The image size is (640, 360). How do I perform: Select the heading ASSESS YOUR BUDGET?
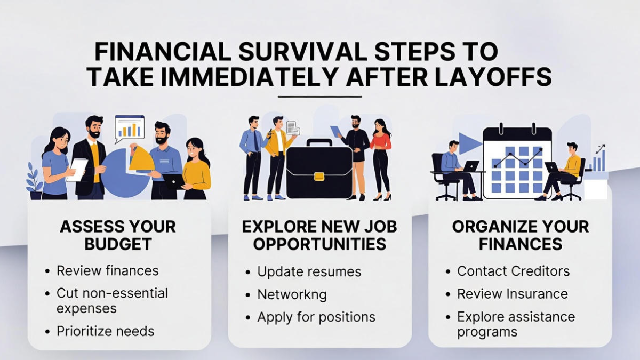(118, 235)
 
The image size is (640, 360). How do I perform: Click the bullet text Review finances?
(107, 271)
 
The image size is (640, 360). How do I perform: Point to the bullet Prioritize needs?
(105, 331)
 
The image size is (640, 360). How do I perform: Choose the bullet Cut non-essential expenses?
(112, 300)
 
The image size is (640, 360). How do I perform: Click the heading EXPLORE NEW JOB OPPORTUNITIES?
(319, 235)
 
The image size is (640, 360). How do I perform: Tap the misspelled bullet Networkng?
(292, 294)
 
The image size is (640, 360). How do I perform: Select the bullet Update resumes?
(309, 271)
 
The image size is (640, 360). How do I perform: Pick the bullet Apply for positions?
(316, 317)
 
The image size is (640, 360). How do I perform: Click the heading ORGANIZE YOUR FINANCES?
(520, 235)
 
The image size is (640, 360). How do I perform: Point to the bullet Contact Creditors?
(513, 271)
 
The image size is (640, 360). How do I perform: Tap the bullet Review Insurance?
(512, 294)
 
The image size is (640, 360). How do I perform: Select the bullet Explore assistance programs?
(516, 324)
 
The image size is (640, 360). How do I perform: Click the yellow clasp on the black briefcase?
(319, 176)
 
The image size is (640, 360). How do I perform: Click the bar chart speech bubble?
(130, 128)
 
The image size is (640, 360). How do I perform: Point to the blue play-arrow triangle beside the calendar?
(469, 143)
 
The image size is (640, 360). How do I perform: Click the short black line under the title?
(320, 97)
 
